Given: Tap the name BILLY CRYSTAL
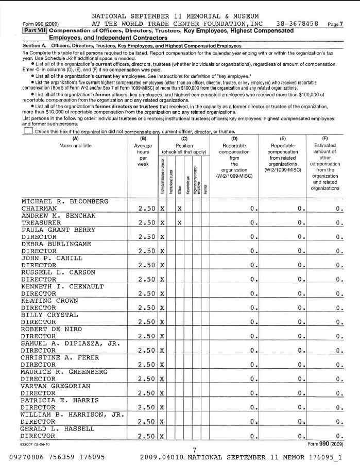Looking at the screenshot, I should coord(49,315).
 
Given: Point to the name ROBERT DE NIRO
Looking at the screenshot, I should coord(51,329).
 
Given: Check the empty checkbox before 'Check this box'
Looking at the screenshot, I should coord(28,131).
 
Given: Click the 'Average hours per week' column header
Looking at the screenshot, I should coord(143,152).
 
